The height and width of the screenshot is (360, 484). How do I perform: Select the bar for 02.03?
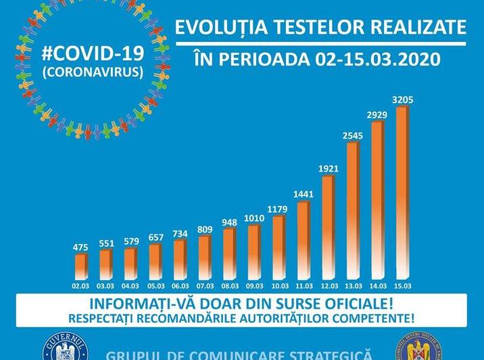click(x=80, y=266)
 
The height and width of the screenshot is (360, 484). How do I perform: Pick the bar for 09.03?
click(x=253, y=252)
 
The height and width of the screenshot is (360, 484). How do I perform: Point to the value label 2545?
click(x=353, y=136)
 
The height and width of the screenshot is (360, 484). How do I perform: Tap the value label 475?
click(x=80, y=247)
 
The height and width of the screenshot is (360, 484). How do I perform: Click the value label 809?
click(x=204, y=229)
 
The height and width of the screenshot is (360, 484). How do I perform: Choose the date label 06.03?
click(x=180, y=286)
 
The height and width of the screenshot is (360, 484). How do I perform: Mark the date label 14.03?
click(x=377, y=286)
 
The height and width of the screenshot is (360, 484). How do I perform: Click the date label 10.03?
click(x=279, y=286)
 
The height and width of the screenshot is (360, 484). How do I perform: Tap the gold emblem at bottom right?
click(x=418, y=349)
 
